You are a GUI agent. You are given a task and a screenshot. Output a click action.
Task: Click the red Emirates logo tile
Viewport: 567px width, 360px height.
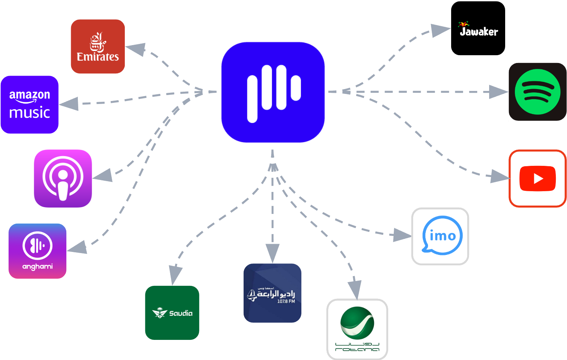(x=98, y=46)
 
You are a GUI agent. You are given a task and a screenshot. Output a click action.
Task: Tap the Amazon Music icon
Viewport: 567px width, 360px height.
(x=29, y=105)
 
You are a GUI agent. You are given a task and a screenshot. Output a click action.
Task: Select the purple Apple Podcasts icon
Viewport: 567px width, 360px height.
(x=63, y=178)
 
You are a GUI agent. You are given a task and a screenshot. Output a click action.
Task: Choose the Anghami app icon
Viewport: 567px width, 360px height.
(x=37, y=250)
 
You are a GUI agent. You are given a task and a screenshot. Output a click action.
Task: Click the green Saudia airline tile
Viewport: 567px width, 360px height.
(x=172, y=312)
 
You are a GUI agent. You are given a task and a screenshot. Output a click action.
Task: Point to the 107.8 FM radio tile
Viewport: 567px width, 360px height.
(x=272, y=293)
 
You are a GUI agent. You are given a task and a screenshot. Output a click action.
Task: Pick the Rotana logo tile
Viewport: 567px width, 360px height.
(x=357, y=329)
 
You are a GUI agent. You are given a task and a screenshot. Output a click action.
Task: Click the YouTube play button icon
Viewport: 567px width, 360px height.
(x=537, y=179)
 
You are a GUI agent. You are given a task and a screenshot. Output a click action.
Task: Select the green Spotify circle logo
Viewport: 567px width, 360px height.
(x=537, y=92)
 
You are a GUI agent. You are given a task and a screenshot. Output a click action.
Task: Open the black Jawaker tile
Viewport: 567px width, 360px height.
(x=478, y=29)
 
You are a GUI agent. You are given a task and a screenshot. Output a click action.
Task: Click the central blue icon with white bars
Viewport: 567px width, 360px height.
(x=273, y=92)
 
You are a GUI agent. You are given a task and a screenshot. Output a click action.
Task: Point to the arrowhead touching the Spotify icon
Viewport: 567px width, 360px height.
(x=498, y=92)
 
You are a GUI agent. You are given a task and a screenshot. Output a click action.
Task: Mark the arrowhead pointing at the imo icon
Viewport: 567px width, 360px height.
(x=402, y=235)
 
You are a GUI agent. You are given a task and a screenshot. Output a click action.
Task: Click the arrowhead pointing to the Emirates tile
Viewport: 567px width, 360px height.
(x=136, y=49)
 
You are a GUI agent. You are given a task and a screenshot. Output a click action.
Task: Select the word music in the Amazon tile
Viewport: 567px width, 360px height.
(x=29, y=113)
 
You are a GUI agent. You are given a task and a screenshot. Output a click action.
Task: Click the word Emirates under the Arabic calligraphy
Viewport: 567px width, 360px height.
(x=98, y=57)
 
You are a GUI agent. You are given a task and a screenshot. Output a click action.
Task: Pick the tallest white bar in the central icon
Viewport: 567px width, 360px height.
(x=252, y=99)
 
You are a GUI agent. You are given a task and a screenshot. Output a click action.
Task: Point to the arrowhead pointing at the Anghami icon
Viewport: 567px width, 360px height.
(x=77, y=247)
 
